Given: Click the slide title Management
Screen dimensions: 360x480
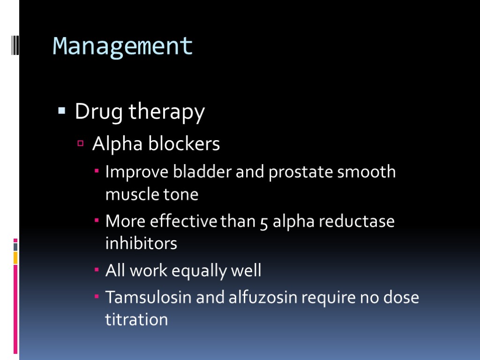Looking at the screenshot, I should (x=123, y=46).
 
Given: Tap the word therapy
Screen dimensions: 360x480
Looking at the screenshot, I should (x=166, y=112).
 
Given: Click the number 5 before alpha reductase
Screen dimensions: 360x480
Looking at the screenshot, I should (x=264, y=221).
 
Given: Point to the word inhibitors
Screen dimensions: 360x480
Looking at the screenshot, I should (x=141, y=243).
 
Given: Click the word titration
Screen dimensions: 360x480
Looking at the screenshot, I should (x=136, y=320).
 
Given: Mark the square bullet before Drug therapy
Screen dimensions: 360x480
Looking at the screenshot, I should (x=61, y=112).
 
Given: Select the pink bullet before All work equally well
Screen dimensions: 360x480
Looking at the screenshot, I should (x=97, y=271).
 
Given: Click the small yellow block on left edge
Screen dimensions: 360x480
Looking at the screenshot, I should (x=15, y=257).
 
